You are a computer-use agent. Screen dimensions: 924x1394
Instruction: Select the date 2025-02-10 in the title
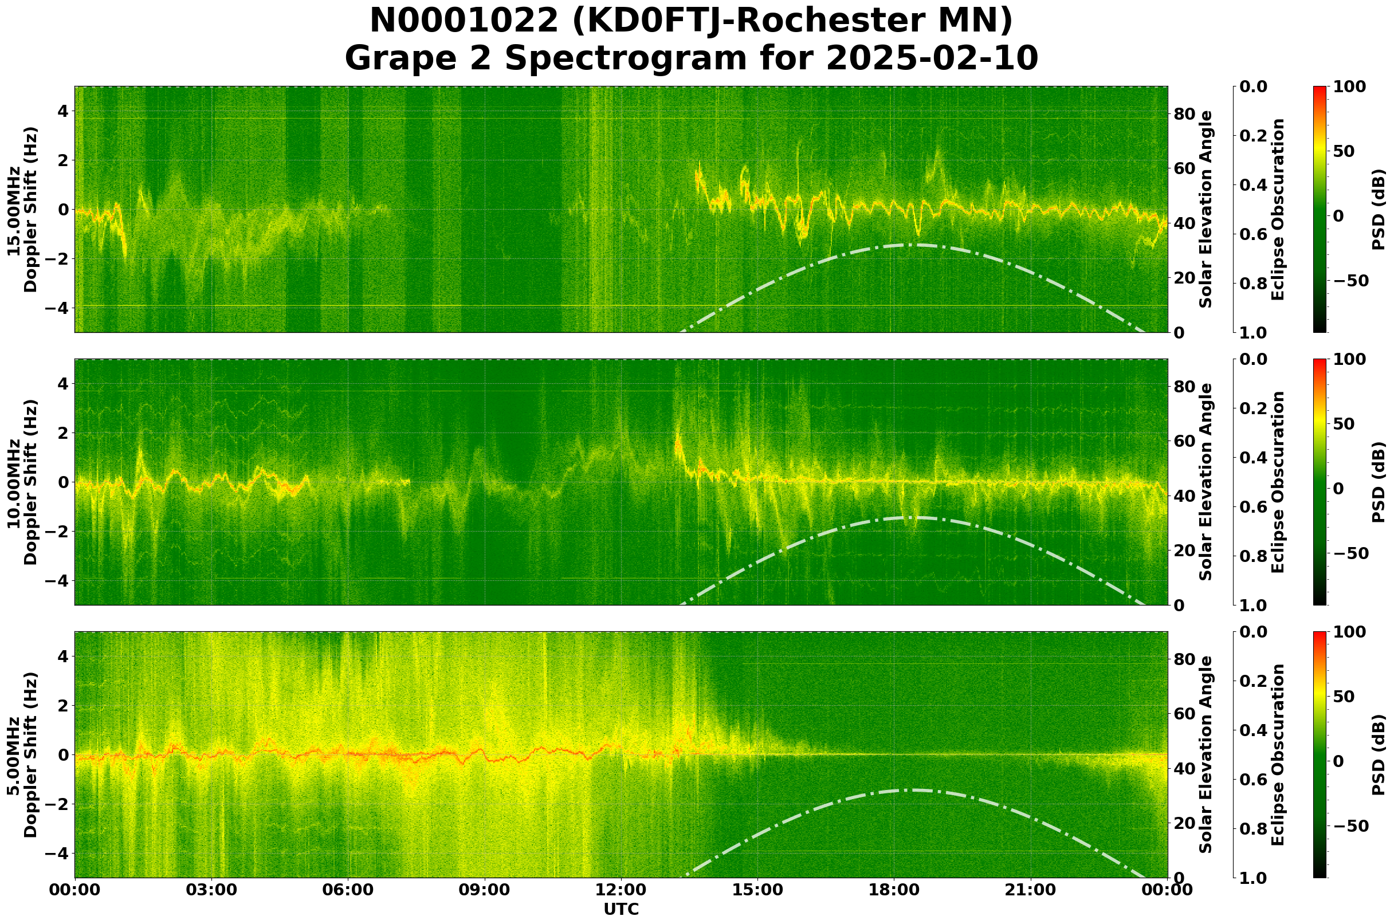click(x=931, y=59)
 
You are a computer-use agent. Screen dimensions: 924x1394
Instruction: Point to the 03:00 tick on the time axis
click(x=211, y=890)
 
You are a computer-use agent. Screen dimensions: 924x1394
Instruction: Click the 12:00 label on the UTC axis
click(x=621, y=890)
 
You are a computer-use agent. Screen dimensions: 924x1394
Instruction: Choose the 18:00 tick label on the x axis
click(x=894, y=890)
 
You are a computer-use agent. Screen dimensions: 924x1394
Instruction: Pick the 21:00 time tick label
click(x=1030, y=890)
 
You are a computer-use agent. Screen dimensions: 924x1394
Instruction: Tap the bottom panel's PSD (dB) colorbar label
click(x=1378, y=755)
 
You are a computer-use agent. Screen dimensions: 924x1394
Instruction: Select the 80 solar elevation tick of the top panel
click(x=1184, y=114)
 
